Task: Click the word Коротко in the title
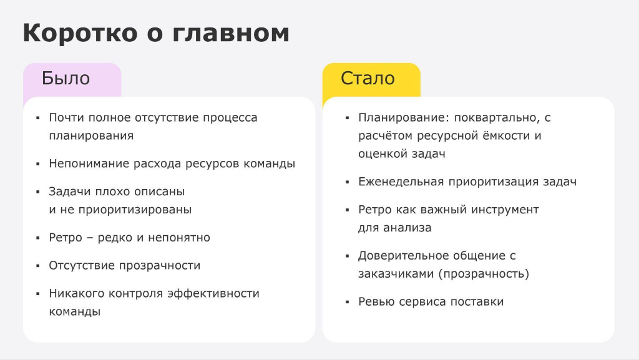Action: click(80, 33)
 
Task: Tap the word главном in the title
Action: click(231, 33)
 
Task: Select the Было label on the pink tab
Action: click(66, 78)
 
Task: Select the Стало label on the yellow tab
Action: click(368, 78)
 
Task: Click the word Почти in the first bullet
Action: click(67, 118)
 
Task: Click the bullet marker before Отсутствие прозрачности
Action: click(38, 266)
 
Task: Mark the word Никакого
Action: click(76, 294)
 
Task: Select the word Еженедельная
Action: click(401, 182)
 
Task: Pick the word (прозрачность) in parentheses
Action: click(484, 274)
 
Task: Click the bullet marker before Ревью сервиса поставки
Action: click(347, 303)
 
